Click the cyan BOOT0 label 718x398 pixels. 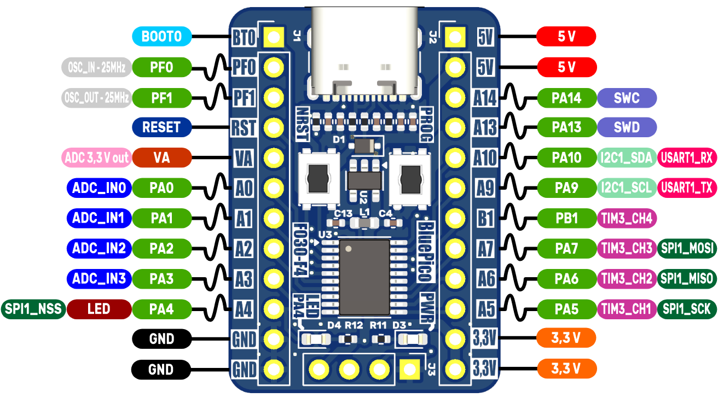[x=161, y=37]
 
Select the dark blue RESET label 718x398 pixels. [x=161, y=127]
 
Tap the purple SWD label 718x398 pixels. [x=627, y=127]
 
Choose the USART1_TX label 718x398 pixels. [x=687, y=188]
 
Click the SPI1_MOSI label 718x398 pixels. [x=687, y=249]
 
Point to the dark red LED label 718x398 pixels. [x=99, y=309]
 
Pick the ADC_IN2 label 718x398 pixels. [x=99, y=249]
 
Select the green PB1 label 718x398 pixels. [x=566, y=218]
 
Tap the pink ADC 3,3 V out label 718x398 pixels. [x=96, y=158]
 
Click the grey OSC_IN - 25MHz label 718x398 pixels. [x=96, y=68]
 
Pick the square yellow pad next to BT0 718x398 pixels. [x=273, y=37]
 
